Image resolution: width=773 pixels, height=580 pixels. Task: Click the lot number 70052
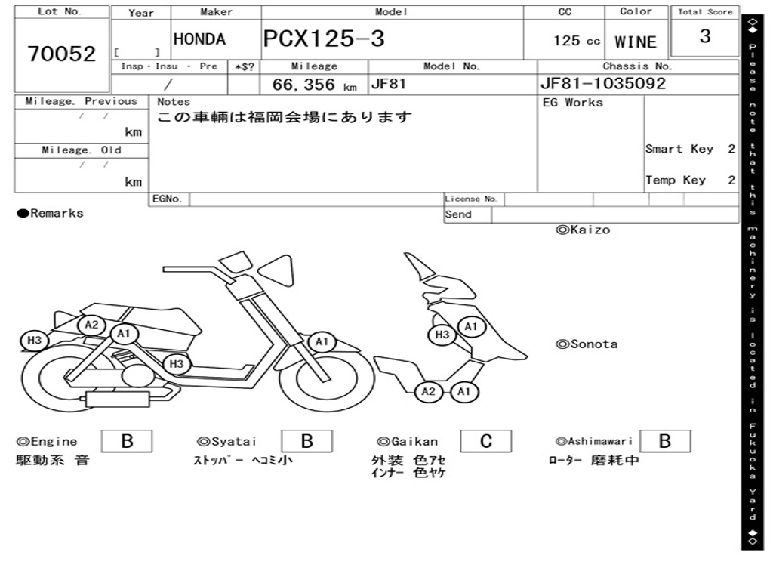[62, 54]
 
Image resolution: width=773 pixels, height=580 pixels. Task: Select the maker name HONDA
[199, 39]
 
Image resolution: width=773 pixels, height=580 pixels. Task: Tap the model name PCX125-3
[324, 39]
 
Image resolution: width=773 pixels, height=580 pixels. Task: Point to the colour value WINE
[636, 42]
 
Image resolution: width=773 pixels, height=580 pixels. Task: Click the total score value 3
[705, 36]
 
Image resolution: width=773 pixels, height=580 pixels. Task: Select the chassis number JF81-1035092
[603, 84]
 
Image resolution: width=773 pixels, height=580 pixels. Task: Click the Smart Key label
[679, 149]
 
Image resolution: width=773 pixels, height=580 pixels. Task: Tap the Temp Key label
[676, 180]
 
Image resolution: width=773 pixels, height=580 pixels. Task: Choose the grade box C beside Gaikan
[486, 441]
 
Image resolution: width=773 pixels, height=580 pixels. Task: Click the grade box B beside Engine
[127, 441]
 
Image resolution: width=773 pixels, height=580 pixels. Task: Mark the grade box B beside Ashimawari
[664, 441]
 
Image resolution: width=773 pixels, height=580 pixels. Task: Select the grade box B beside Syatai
[306, 441]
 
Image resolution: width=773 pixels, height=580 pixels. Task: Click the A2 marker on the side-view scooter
[91, 325]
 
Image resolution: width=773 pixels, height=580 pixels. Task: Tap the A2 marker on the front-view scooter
[428, 391]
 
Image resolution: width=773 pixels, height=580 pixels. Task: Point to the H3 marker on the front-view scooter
[442, 335]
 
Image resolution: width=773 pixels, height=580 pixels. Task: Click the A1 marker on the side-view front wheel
[322, 342]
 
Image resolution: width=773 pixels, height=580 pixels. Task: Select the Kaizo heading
[583, 230]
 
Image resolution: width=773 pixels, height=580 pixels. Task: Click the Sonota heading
[587, 344]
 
